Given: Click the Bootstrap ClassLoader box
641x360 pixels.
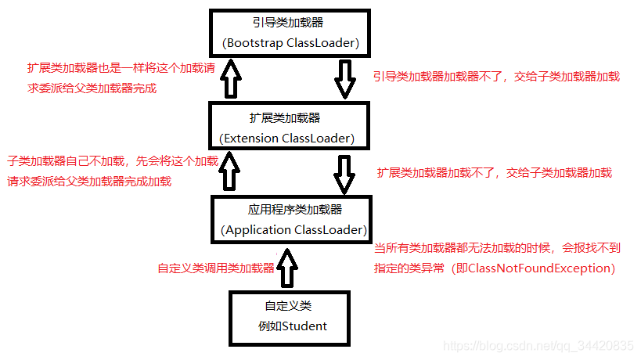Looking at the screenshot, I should coord(290,34).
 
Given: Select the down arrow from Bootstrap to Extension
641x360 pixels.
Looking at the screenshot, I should coord(345,80).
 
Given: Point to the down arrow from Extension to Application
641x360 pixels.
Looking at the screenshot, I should coord(345,174).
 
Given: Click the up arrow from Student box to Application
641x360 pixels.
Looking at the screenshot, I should coord(288,267).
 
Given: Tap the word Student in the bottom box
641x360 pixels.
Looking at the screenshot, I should coord(301,326).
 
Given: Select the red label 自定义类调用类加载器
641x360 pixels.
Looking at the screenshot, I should coord(216,268).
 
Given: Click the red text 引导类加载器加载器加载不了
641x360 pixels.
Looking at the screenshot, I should coord(439,77).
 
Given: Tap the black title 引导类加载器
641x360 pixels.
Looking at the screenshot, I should coord(290,23).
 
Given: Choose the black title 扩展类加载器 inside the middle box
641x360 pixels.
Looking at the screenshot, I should coord(285,118).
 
